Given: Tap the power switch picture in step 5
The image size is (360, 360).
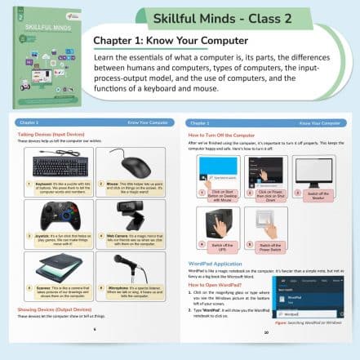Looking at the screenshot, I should click(268, 220).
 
